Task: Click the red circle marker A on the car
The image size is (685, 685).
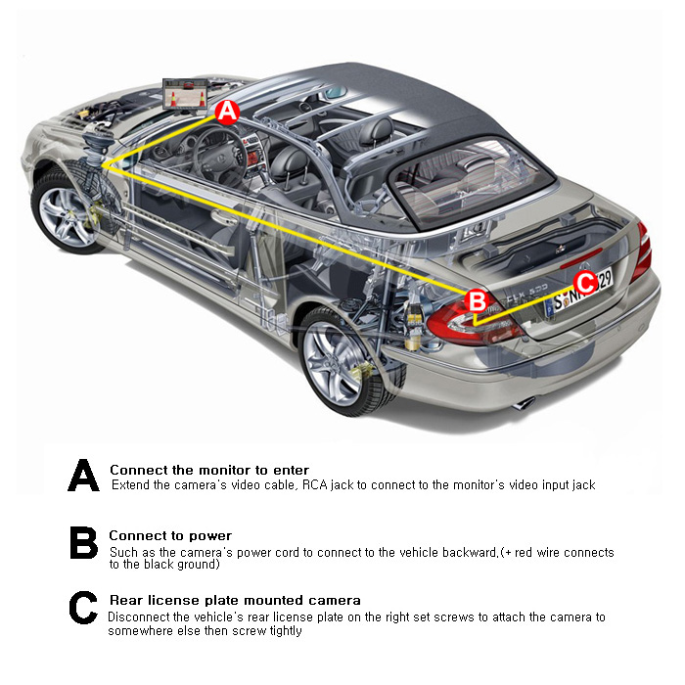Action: [x=228, y=113]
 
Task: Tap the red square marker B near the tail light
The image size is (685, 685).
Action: [x=478, y=301]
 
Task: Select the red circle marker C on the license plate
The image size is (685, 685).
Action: [x=585, y=283]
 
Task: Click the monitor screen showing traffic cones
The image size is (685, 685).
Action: [x=185, y=94]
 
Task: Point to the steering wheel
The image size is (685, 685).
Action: [x=217, y=156]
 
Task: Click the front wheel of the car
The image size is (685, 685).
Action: [x=66, y=212]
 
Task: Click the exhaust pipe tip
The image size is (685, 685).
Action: [x=524, y=403]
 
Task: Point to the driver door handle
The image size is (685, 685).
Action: [x=223, y=217]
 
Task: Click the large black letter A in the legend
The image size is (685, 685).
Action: [x=84, y=475]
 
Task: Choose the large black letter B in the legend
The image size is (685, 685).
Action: [x=83, y=542]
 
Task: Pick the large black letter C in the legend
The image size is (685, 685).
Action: [x=83, y=608]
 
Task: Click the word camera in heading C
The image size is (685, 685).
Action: [x=335, y=600]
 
